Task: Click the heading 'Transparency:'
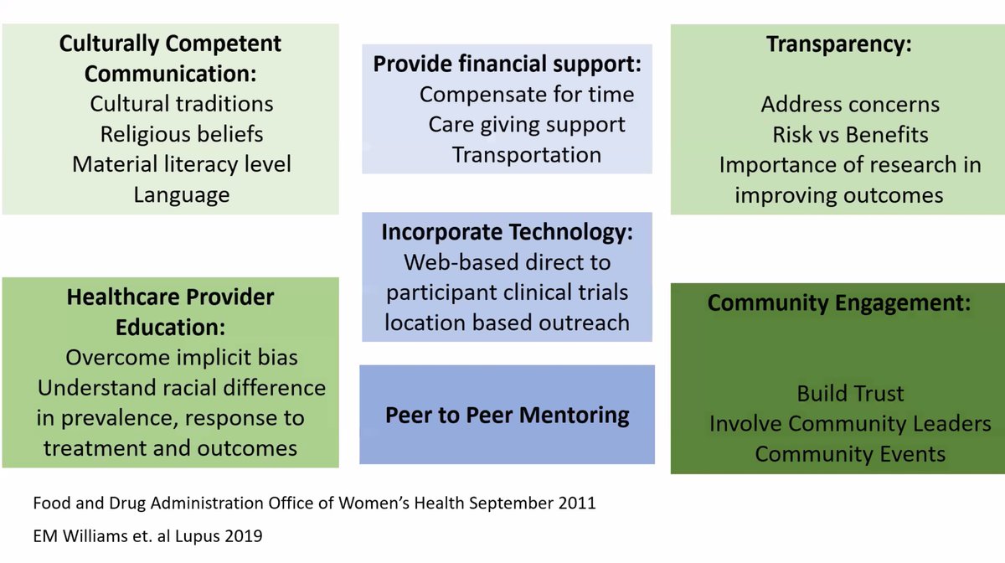coord(838,45)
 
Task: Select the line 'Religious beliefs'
coord(182,134)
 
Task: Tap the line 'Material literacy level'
coord(182,164)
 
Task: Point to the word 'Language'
coord(181,195)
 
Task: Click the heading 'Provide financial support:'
coord(508,65)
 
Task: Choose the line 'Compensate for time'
coord(527,95)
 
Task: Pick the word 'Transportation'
coord(527,155)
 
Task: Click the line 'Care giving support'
coord(527,125)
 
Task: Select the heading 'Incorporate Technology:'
coord(508,232)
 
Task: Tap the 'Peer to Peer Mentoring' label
coord(508,415)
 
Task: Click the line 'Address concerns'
coord(850,105)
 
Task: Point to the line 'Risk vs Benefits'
coord(850,135)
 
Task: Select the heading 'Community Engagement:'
coord(839,303)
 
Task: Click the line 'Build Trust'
coord(850,393)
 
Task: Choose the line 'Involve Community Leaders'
coord(850,424)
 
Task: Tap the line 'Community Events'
coord(850,454)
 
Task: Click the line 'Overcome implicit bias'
coord(182,358)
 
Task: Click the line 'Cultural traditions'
coord(182,104)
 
